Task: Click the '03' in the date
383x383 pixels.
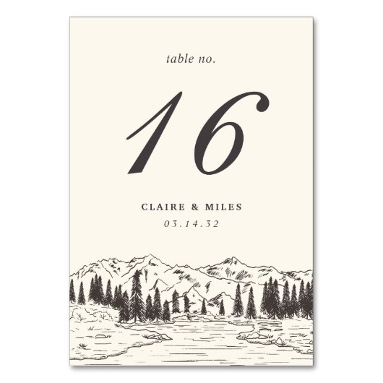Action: click(x=171, y=223)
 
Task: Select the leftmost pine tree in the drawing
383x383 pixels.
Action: click(x=81, y=293)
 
